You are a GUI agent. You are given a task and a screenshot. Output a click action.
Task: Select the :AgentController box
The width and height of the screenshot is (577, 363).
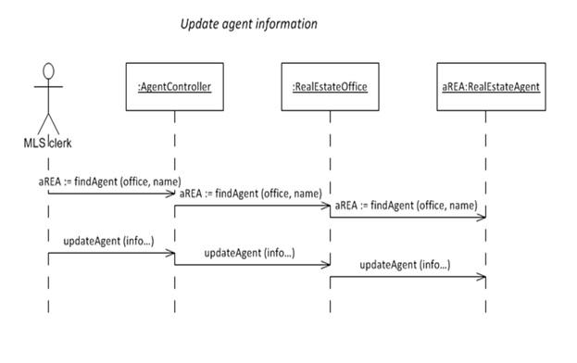(x=173, y=88)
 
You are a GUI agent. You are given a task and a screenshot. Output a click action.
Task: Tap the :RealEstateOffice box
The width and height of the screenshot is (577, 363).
(x=329, y=88)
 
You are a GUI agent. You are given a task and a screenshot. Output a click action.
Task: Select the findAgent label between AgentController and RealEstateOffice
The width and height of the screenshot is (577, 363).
(x=250, y=193)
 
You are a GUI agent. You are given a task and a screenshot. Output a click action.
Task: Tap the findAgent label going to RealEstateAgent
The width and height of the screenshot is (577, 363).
(x=406, y=206)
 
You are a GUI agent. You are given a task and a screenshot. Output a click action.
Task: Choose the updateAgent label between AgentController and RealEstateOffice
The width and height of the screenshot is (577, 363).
(x=249, y=252)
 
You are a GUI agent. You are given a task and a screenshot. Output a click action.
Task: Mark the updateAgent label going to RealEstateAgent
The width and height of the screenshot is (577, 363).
(x=405, y=265)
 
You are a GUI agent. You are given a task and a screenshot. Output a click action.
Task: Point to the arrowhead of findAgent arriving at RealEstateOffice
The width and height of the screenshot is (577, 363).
(x=326, y=206)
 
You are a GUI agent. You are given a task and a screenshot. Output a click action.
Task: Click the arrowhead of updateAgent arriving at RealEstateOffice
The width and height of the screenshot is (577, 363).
(x=326, y=265)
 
